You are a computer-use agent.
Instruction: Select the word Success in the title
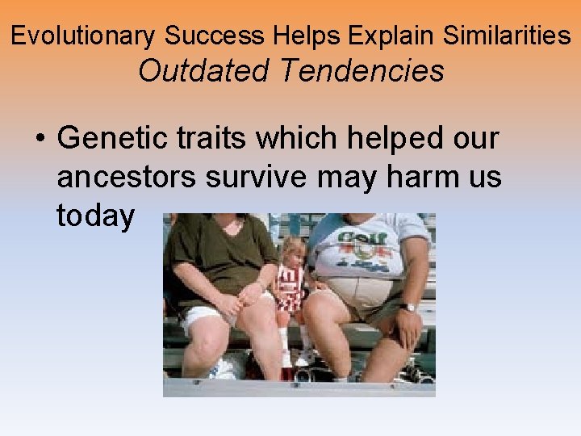[x=215, y=36]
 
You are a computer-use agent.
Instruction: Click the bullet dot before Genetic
[x=39, y=139]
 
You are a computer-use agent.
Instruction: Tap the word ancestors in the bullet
[x=126, y=177]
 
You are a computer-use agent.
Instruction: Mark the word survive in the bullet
[x=254, y=177]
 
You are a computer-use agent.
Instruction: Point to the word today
[x=95, y=216]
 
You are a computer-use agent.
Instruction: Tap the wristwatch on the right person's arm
[x=410, y=307]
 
